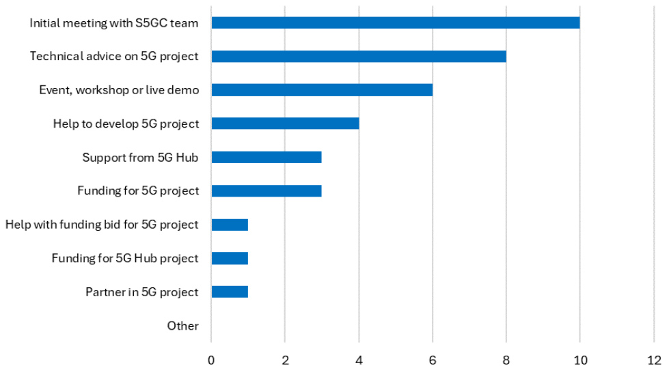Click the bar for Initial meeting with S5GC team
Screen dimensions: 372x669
(x=395, y=23)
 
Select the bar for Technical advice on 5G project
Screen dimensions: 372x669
(x=359, y=56)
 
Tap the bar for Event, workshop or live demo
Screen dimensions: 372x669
(x=322, y=89)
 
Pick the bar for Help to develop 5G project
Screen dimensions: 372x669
(x=285, y=124)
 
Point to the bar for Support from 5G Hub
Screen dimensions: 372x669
(x=267, y=157)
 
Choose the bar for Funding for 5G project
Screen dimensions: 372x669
(x=267, y=190)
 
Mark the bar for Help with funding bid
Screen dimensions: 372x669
(x=230, y=225)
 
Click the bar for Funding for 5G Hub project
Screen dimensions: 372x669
(x=230, y=258)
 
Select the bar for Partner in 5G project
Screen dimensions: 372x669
(x=230, y=291)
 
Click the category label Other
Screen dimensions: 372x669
(x=182, y=326)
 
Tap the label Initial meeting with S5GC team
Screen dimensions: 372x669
(x=114, y=23)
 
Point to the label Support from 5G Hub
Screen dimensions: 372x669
(x=140, y=158)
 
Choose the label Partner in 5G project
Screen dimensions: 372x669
(x=141, y=292)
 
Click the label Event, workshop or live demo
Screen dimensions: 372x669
(x=119, y=90)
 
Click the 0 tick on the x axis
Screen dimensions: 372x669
(x=211, y=358)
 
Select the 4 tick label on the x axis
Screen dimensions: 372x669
(x=359, y=358)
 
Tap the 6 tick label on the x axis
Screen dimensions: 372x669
(x=433, y=358)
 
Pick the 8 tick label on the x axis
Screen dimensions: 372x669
(x=506, y=358)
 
